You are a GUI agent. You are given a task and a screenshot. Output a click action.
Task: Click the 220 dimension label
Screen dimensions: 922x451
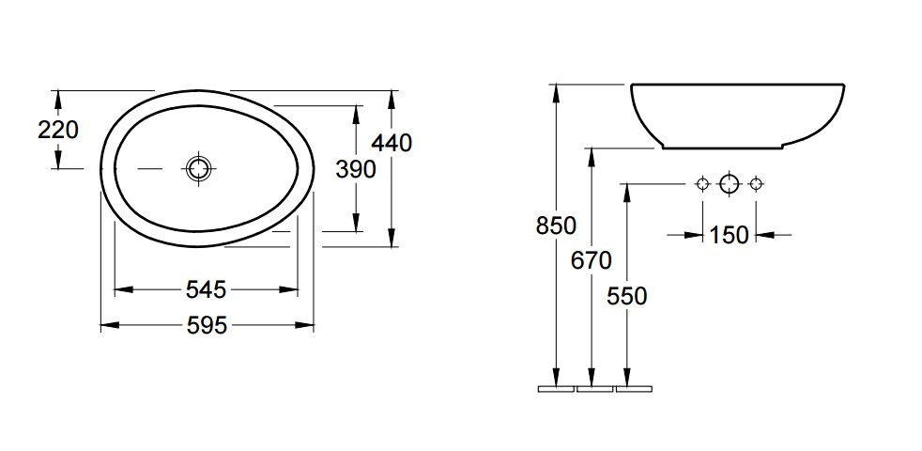57,130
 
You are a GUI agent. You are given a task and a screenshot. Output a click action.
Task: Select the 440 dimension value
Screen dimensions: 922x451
392,143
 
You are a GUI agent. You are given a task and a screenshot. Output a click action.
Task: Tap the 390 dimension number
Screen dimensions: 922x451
356,169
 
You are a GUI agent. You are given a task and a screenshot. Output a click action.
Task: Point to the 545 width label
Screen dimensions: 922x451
206,289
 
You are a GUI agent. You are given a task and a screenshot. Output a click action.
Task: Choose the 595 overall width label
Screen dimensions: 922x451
207,325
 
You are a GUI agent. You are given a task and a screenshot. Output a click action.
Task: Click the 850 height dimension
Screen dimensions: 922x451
556,225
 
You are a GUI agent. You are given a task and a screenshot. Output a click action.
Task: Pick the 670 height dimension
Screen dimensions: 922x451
592,260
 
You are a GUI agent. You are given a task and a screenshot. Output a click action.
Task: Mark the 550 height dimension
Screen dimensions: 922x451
627,296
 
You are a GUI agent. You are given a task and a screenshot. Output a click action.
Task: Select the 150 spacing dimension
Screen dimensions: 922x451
730,236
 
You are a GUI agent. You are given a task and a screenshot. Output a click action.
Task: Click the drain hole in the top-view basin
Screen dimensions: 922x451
198,169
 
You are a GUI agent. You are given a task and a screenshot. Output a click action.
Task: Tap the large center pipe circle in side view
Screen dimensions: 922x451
730,184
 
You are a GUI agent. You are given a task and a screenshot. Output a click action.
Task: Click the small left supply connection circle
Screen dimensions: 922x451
702,184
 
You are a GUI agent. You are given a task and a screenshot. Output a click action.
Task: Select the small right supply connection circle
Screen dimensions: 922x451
756,184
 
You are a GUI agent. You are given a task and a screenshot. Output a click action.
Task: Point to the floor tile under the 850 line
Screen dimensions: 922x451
556,389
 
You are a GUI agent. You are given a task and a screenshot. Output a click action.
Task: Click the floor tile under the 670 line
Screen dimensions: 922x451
595,389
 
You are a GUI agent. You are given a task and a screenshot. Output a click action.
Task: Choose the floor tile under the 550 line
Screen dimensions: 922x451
634,389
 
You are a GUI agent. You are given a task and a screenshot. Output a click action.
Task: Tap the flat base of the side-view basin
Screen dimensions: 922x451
723,148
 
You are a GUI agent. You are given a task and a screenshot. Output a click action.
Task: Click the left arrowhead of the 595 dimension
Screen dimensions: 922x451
109,324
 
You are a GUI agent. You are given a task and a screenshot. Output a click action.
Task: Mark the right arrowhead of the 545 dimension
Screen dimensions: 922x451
289,289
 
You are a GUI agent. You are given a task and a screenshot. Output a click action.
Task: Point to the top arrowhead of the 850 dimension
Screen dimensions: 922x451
556,93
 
